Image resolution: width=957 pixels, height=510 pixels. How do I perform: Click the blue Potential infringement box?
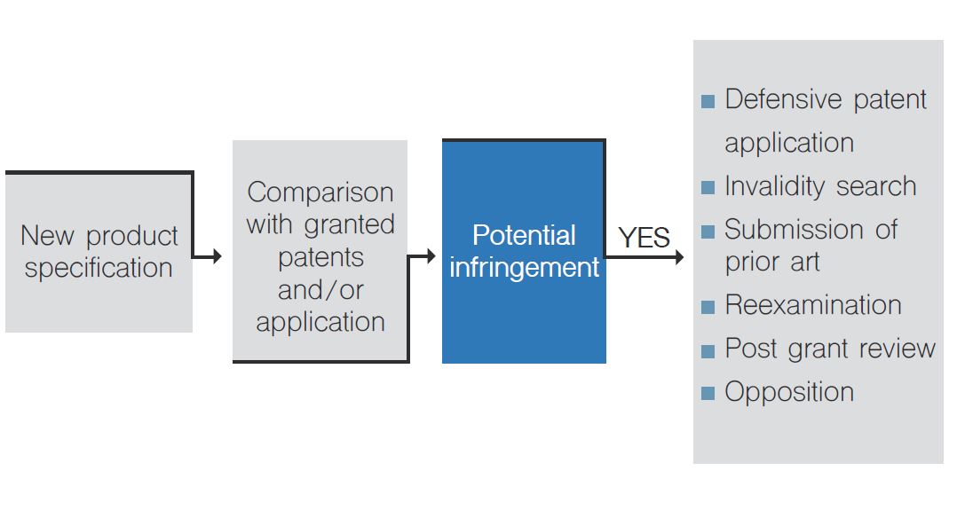click(524, 252)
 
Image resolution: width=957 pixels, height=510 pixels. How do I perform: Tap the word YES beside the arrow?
click(644, 238)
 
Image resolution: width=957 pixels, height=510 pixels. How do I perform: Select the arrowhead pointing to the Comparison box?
click(217, 256)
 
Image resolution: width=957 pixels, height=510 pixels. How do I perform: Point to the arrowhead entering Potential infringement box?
click(431, 256)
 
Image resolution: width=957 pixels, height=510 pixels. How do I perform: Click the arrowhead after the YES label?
click(679, 257)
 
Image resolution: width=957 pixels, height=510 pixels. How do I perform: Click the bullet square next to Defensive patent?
click(708, 101)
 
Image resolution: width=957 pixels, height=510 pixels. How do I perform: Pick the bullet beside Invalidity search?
click(708, 188)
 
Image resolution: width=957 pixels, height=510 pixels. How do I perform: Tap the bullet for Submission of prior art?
click(708, 231)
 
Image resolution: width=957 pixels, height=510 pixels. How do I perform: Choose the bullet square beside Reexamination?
click(708, 307)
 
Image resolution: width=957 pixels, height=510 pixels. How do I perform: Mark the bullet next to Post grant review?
click(708, 350)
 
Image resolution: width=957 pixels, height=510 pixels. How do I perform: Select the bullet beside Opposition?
click(708, 394)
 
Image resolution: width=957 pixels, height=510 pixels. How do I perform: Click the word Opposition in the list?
click(789, 392)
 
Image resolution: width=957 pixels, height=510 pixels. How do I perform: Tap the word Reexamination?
click(813, 304)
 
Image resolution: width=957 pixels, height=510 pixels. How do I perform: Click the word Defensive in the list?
click(784, 98)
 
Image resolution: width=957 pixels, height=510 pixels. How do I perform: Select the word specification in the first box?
click(99, 268)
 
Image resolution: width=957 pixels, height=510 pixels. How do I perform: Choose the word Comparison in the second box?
click(320, 192)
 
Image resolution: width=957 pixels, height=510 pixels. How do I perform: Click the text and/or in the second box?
click(320, 290)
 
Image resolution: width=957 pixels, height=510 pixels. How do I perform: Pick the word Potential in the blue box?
click(524, 235)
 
